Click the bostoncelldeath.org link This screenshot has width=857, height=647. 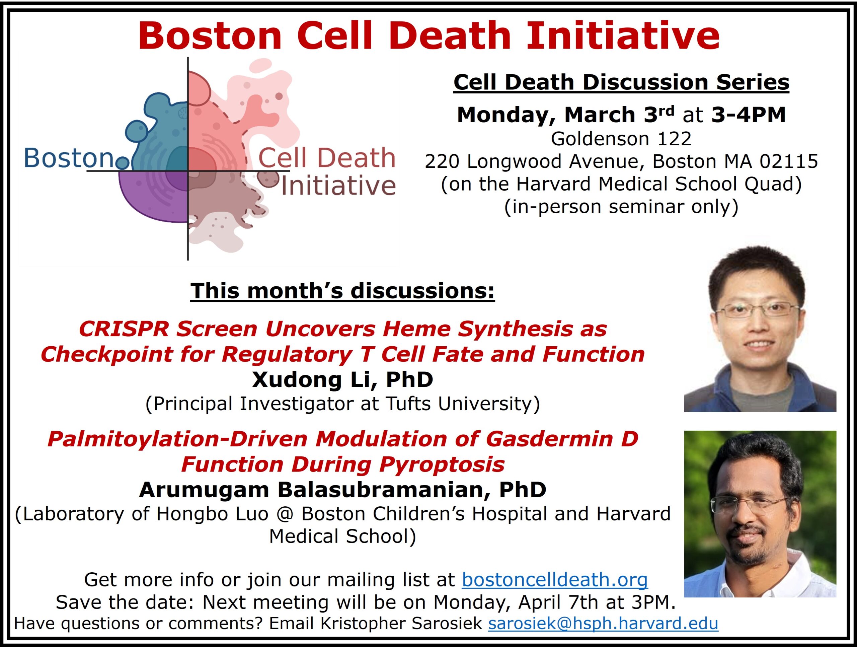555,580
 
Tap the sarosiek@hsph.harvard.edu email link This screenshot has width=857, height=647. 603,623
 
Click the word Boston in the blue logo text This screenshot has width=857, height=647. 69,158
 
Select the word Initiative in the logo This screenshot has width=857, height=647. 338,185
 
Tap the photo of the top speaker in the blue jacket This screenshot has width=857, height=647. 760,329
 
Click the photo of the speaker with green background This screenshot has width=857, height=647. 760,514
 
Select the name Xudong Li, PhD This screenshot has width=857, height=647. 342,379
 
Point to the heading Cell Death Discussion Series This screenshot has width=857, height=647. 621,82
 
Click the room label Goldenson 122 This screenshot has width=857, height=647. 621,139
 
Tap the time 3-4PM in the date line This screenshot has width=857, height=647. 748,115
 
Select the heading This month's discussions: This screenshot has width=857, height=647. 342,291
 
